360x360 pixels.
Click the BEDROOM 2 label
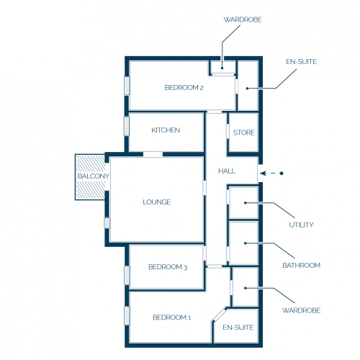(184, 88)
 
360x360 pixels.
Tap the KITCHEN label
(166, 130)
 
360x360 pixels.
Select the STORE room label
(244, 132)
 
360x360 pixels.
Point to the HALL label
(227, 171)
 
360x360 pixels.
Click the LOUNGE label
(157, 202)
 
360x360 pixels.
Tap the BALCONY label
(94, 176)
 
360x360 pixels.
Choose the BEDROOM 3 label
(168, 267)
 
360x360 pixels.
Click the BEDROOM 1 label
(172, 318)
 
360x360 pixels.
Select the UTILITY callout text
(301, 225)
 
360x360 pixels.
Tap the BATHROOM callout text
(302, 265)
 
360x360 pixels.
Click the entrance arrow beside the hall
(271, 174)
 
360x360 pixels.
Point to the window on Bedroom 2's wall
(127, 86)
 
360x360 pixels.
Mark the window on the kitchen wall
(127, 126)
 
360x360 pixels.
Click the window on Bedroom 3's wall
(127, 275)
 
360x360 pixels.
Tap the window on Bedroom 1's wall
(127, 315)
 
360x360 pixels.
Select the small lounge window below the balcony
(107, 223)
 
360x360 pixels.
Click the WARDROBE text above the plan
(243, 19)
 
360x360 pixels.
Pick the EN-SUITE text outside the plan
(301, 62)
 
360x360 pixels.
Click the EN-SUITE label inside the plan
(238, 328)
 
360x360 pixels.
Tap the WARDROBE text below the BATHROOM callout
(302, 310)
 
